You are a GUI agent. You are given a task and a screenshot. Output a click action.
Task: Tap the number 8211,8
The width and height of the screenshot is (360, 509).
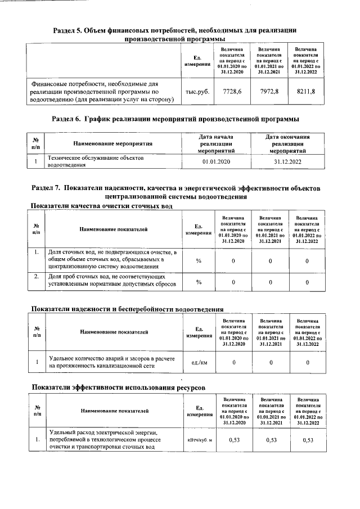305,92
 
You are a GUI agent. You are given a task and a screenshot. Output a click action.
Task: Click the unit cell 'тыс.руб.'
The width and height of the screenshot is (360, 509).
197,92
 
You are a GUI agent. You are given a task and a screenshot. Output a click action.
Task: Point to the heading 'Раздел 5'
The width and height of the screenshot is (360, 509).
174,34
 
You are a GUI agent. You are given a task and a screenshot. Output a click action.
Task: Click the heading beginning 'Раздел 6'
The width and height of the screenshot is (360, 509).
175,119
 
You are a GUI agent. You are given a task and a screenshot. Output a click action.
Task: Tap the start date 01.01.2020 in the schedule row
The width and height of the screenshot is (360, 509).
217,162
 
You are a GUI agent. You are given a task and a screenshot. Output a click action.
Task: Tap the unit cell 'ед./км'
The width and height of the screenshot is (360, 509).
199,363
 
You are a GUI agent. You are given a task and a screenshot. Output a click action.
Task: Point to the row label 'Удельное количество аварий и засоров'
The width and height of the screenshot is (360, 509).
112,362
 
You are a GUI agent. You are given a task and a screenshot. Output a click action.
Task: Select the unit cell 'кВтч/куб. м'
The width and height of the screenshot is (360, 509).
199,440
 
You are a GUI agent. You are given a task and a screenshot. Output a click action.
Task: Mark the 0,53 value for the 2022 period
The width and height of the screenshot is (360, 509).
307,440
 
